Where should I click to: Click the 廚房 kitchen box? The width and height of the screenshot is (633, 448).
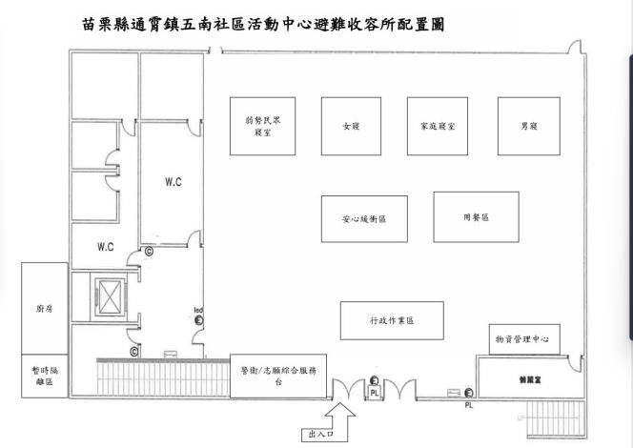(x=44, y=309)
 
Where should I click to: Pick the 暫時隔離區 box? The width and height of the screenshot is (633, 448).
(x=44, y=376)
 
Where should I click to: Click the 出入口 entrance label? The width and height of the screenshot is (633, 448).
(x=315, y=436)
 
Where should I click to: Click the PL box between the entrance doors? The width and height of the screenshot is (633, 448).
(x=376, y=391)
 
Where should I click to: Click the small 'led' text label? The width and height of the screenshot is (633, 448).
(x=198, y=311)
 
